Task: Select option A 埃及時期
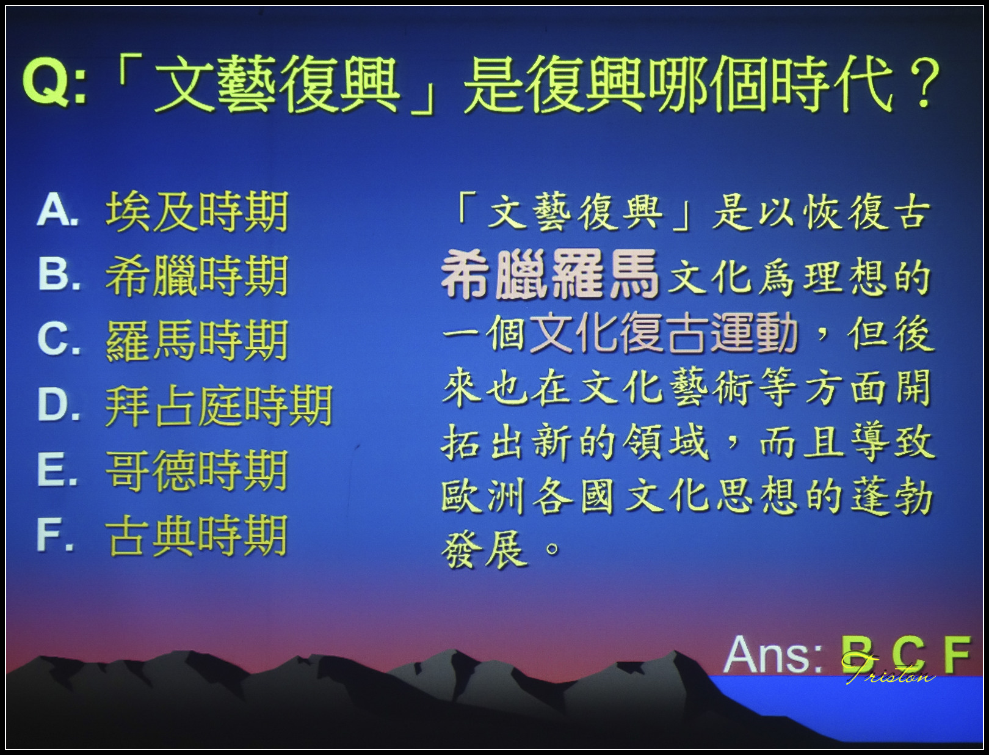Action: (197, 213)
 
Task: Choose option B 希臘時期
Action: (197, 276)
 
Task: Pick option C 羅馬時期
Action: (197, 341)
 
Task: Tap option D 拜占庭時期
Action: (219, 406)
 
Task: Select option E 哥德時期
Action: (197, 471)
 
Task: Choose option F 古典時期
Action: (197, 536)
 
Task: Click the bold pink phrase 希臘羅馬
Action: (549, 275)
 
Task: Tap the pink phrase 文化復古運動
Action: (663, 335)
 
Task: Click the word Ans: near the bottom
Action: (773, 655)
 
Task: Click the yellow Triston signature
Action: (888, 670)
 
